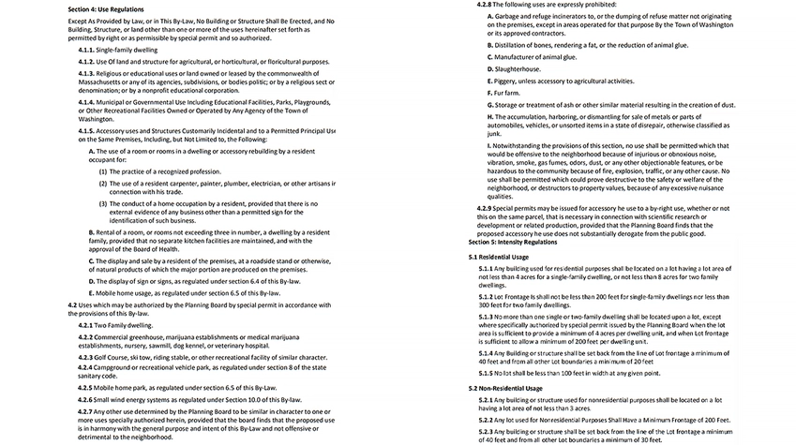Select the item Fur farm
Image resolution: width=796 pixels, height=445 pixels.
[507, 93]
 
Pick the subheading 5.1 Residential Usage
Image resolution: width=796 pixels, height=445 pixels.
[498, 256]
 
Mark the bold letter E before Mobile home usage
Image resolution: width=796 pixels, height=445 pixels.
[91, 293]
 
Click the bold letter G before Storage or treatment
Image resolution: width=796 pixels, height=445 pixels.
[490, 105]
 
